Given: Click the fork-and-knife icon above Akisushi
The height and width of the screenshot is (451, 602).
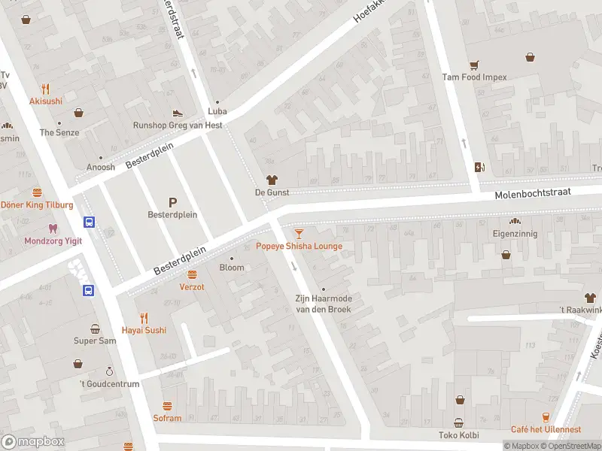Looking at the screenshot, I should (x=46, y=88).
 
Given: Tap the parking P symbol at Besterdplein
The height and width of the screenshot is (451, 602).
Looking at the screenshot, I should (x=172, y=201).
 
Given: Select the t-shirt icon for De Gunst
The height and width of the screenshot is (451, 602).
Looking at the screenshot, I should (x=272, y=180).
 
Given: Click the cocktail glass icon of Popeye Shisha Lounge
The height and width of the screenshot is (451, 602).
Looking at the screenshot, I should (x=299, y=234).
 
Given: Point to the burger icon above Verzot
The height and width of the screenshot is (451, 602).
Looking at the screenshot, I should (x=192, y=274).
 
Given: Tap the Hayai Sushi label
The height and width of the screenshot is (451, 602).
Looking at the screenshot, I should (x=144, y=330).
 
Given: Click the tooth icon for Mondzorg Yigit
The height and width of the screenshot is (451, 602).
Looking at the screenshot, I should (x=52, y=229).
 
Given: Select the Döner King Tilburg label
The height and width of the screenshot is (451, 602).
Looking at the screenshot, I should (x=37, y=205).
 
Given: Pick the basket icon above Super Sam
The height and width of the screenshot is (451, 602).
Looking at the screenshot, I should (x=95, y=328).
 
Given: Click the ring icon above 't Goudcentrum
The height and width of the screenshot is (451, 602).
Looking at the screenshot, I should (x=109, y=371).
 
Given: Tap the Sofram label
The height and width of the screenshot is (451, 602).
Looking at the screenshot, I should (x=167, y=418).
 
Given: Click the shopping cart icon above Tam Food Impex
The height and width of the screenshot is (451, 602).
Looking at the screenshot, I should (x=474, y=65).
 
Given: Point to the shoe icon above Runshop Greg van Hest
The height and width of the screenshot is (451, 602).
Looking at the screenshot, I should (x=178, y=113).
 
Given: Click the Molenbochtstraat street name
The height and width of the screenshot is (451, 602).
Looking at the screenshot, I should (x=533, y=194).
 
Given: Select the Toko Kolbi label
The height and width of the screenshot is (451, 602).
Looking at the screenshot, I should (x=458, y=435).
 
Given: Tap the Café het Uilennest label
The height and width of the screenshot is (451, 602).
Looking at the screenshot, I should (x=546, y=429).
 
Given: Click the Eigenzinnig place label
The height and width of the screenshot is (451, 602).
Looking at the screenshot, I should (x=515, y=234).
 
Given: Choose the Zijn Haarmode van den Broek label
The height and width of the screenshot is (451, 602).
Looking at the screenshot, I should (x=324, y=304).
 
